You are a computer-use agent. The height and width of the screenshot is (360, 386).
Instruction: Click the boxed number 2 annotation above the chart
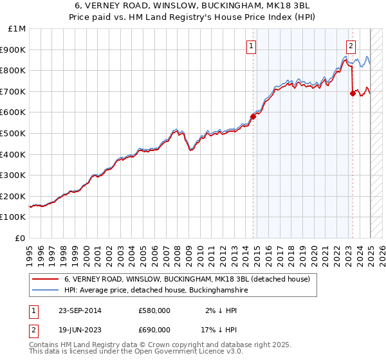351,46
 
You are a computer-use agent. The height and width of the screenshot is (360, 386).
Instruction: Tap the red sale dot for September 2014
253,116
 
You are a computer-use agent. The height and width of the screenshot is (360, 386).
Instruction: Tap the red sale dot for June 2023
353,93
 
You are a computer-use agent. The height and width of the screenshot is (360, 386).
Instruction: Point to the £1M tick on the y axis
17,29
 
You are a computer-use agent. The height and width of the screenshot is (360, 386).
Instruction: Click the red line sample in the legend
46,280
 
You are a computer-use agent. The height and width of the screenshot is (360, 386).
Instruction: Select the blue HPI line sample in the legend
46,291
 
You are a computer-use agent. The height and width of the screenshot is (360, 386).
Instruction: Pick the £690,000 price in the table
154,330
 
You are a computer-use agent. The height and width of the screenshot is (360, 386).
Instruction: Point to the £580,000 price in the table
154,311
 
